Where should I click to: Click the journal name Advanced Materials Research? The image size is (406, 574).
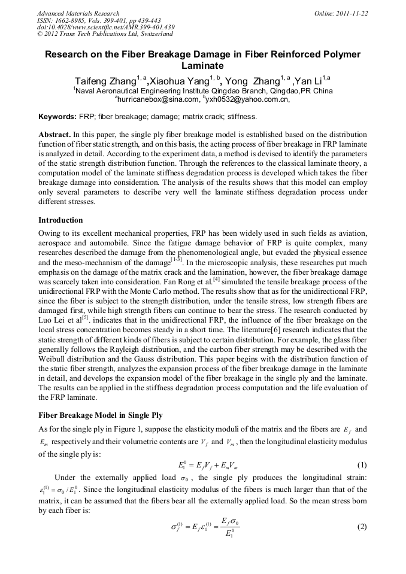tap(78, 13)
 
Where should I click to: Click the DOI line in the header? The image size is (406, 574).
tap(105, 27)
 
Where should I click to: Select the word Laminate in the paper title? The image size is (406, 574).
tap(202, 66)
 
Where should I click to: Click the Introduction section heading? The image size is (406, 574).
tap(60, 220)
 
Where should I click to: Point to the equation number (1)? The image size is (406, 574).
tap(361, 465)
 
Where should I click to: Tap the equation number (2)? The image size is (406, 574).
tap(361, 527)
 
